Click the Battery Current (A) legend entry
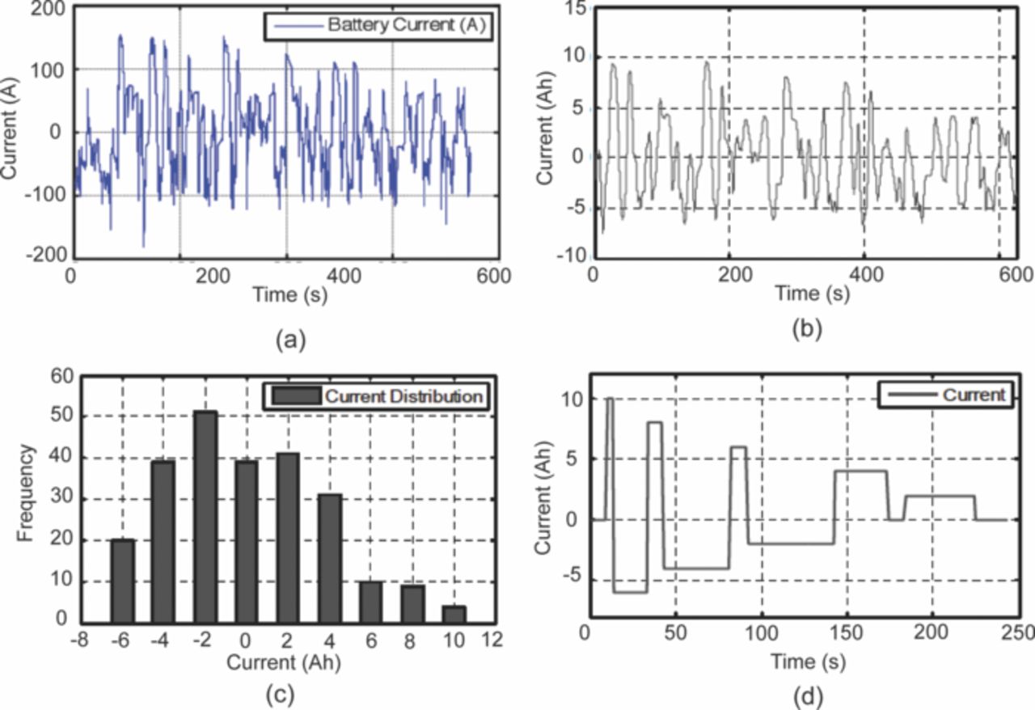[x=378, y=26]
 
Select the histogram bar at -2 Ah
[x=205, y=518]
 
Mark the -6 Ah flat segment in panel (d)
[x=631, y=591]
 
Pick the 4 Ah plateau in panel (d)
[x=861, y=471]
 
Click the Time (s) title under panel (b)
[x=812, y=294]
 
